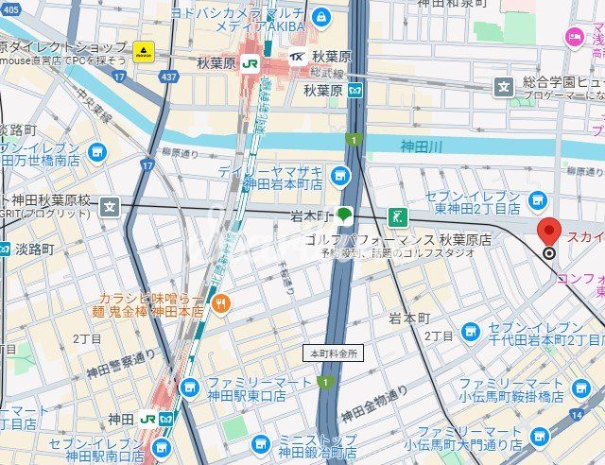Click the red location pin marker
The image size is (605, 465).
pyautogui.click(x=549, y=232)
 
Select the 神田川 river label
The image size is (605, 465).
pyautogui.click(x=421, y=146)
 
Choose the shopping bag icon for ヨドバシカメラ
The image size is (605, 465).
pyautogui.click(x=322, y=17)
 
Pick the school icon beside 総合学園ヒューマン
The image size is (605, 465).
pyautogui.click(x=504, y=87)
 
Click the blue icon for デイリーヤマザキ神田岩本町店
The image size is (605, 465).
pyautogui.click(x=340, y=175)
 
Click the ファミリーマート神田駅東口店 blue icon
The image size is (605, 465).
pyautogui.click(x=190, y=387)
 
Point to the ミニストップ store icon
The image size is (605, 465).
pyautogui.click(x=261, y=443)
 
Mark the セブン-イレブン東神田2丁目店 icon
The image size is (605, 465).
pyautogui.click(x=538, y=199)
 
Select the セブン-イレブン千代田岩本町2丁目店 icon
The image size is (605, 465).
pyautogui.click(x=471, y=331)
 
